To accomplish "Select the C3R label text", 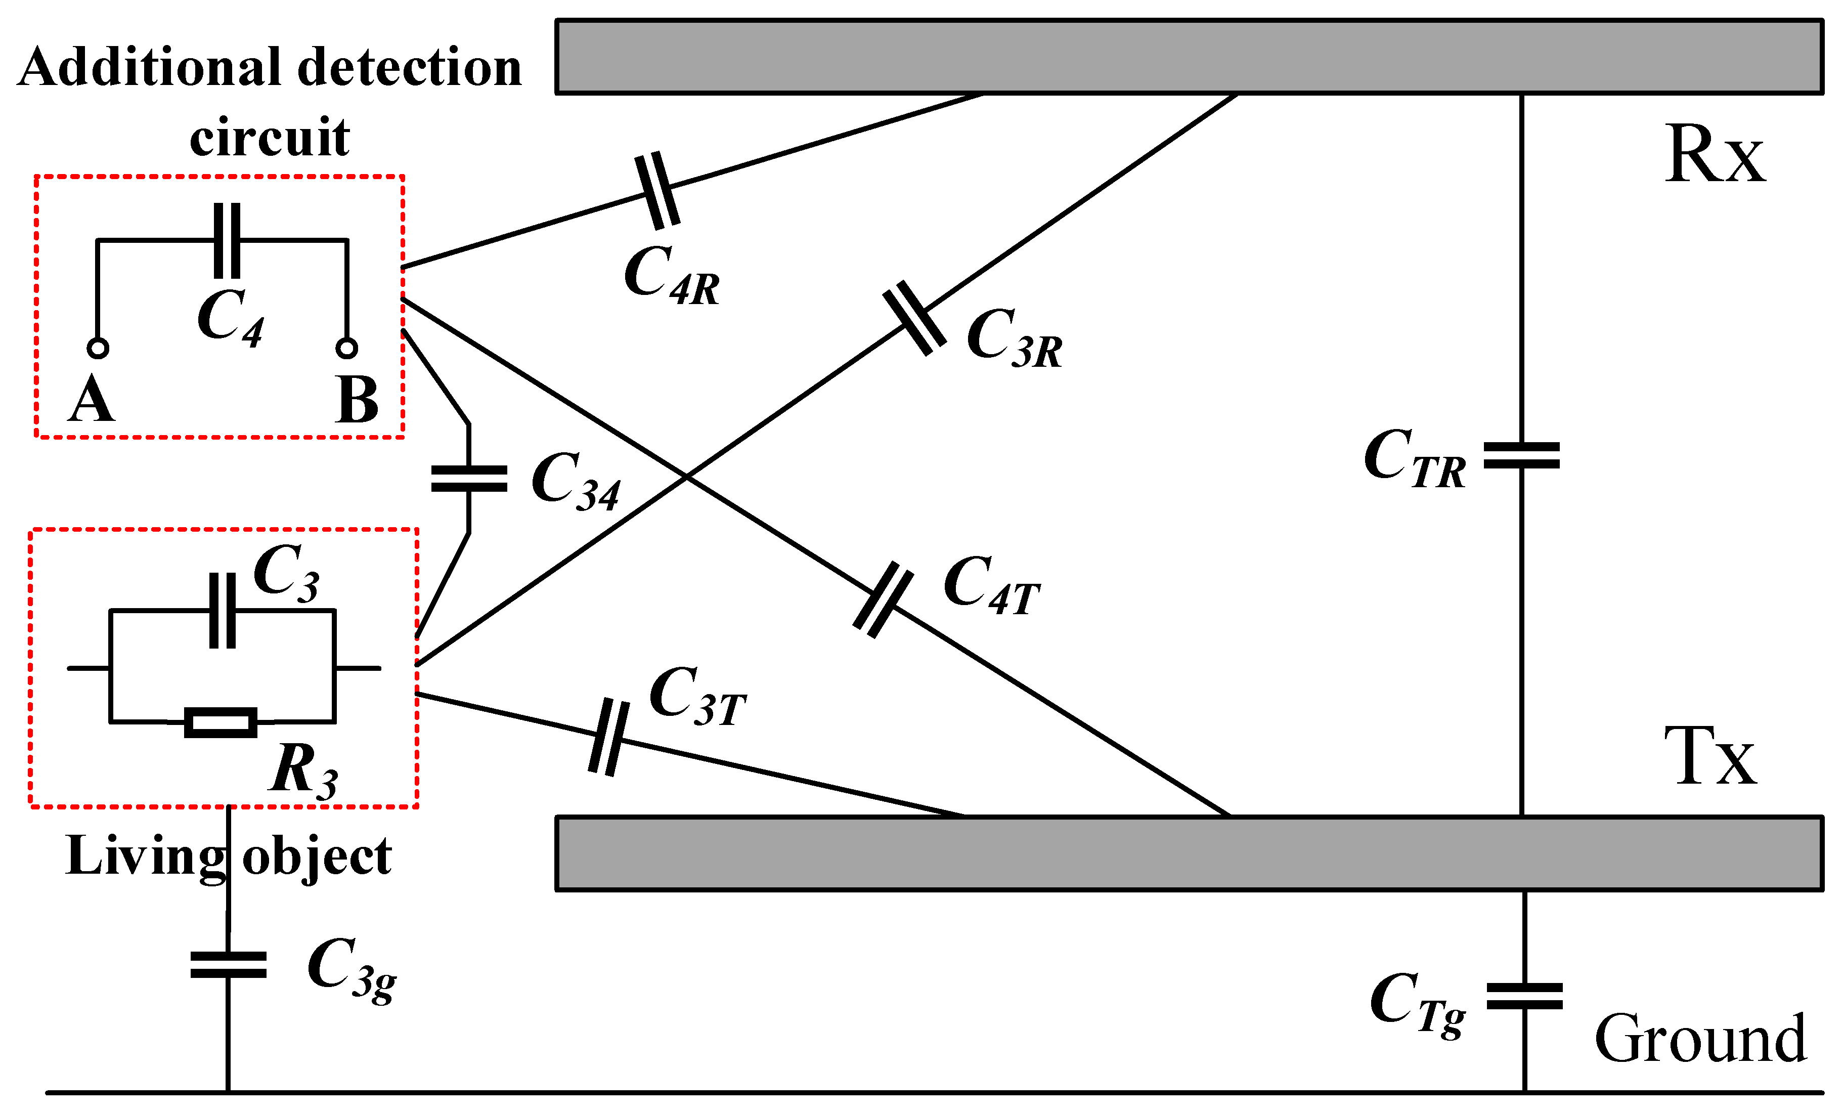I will click(x=1014, y=338).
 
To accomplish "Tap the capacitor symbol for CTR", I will click(x=1521, y=455).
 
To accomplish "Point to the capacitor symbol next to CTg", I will click(x=1524, y=996).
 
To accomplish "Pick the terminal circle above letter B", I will click(x=346, y=348).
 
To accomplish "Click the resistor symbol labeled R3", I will click(x=221, y=722).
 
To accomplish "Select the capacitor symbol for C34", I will click(x=469, y=479).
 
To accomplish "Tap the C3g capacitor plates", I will click(x=228, y=965).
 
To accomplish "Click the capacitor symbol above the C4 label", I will click(x=227, y=240).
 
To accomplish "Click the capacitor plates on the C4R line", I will click(x=656, y=191).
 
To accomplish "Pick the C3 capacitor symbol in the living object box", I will click(x=222, y=610).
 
